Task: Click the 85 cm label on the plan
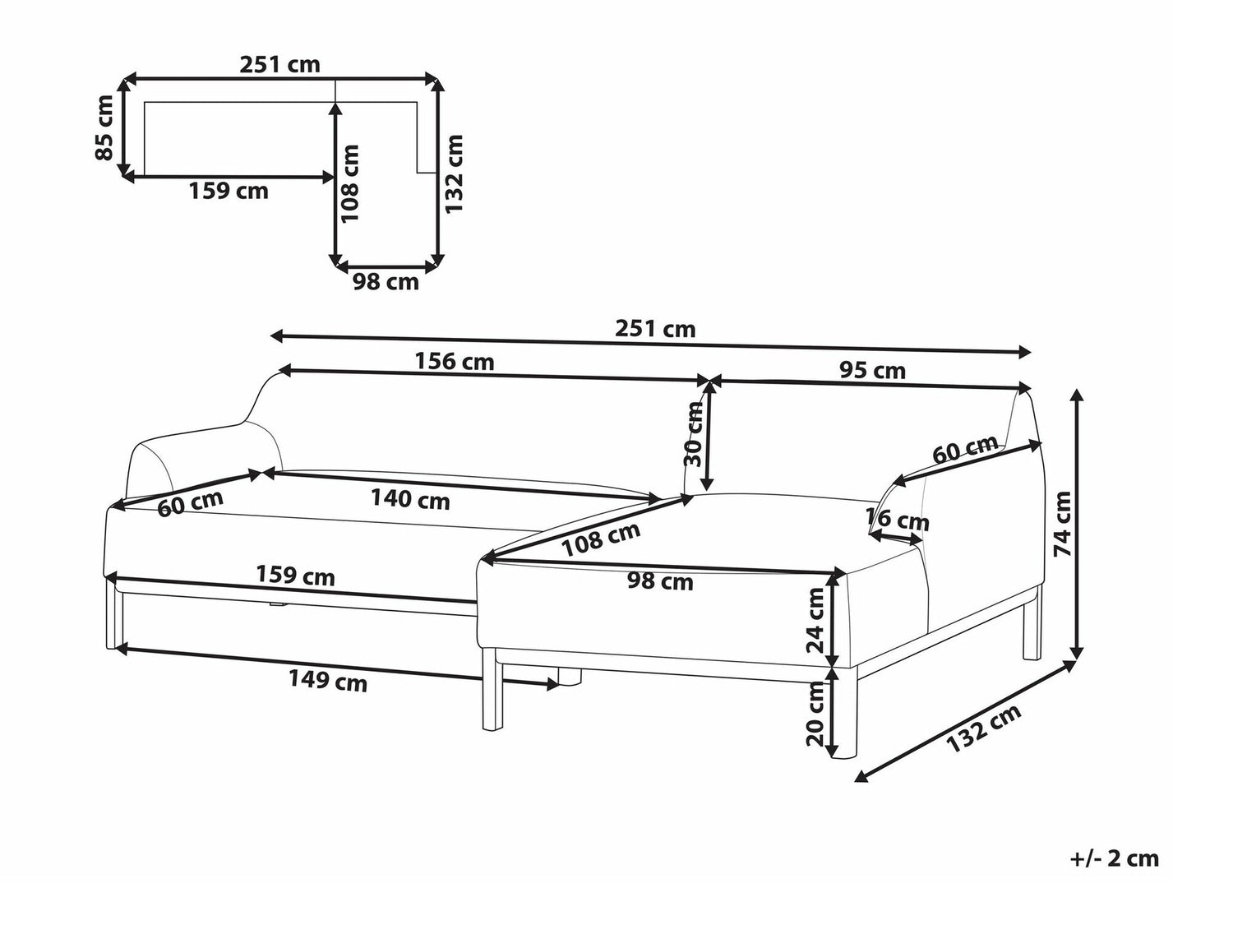point(105,127)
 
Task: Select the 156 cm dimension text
point(455,362)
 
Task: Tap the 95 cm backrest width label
point(872,370)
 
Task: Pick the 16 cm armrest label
point(898,519)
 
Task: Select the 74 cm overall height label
point(1062,524)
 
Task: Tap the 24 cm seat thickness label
point(815,619)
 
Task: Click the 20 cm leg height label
point(815,714)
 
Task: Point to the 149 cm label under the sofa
point(327,682)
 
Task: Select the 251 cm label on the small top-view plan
point(279,65)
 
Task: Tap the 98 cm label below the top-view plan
point(386,281)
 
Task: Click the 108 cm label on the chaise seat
point(602,540)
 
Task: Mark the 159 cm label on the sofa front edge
point(295,576)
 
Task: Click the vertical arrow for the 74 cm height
point(1077,525)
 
